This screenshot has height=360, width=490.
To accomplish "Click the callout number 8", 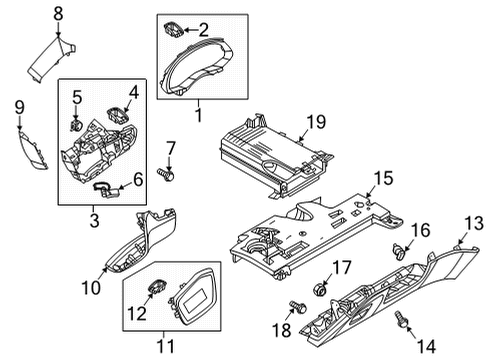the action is click(x=58, y=14).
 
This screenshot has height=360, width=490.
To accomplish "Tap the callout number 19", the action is click(x=316, y=122).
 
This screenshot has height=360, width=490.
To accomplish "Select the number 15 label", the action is click(x=383, y=178).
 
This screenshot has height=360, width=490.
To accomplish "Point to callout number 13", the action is click(x=474, y=223).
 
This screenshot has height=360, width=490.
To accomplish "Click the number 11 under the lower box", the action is click(x=165, y=346).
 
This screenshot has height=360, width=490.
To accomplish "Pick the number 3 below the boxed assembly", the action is click(x=95, y=221).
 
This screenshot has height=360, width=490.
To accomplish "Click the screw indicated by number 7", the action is click(x=166, y=174).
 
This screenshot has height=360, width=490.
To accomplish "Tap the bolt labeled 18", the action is click(x=298, y=307).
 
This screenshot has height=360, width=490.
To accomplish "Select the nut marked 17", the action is click(x=320, y=289).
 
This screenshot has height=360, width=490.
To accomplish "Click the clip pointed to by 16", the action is click(x=398, y=251).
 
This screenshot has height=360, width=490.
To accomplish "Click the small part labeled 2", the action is click(x=173, y=29).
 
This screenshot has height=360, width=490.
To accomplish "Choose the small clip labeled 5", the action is click(x=76, y=125).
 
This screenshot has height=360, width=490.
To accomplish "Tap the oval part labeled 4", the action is click(x=118, y=115).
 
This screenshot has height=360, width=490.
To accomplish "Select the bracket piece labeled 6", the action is click(x=105, y=189).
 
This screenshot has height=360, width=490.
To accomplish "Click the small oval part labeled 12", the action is click(x=157, y=287).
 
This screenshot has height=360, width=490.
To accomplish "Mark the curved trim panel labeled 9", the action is click(x=33, y=150).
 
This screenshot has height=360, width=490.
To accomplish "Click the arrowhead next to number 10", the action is click(x=106, y=269).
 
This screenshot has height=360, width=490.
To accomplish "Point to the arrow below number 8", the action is click(x=58, y=30).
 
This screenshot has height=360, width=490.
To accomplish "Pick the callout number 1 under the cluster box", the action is click(x=199, y=115).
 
